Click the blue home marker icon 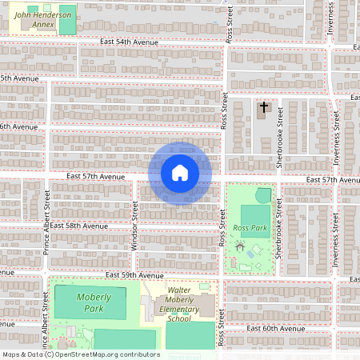coord(180,173)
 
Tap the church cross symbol coord(264,106)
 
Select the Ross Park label coord(249,228)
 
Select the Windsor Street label coord(135,225)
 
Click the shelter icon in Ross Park coord(238,249)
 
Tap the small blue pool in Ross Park coord(253,254)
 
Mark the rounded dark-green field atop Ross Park coord(263,195)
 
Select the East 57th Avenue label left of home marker coord(96,176)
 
